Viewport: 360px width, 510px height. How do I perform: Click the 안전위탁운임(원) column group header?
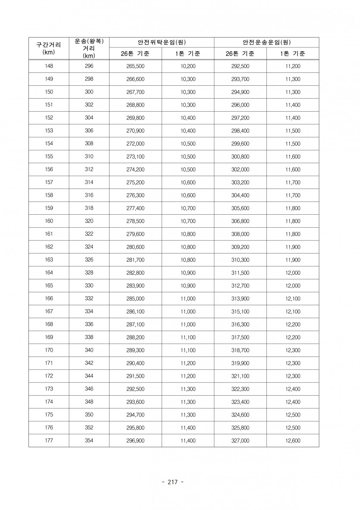pyautogui.click(x=161, y=42)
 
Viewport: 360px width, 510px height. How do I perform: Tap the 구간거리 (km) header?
pyautogui.click(x=49, y=48)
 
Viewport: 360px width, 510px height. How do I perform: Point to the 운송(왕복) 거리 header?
pyautogui.click(x=89, y=48)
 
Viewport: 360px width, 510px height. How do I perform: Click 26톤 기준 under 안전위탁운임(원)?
pyautogui.click(x=135, y=54)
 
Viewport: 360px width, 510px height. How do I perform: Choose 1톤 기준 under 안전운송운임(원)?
pyautogui.click(x=293, y=54)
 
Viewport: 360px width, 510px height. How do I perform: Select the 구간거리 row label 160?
pyautogui.click(x=49, y=221)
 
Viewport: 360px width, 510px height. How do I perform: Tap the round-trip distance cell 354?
pyautogui.click(x=89, y=441)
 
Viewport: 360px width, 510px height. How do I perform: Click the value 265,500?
pyautogui.click(x=135, y=66)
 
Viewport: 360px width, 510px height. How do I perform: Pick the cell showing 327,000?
pyautogui.click(x=240, y=441)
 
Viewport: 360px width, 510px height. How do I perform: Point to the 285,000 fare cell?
pyautogui.click(x=135, y=299)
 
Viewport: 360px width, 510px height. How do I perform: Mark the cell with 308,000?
pyautogui.click(x=240, y=234)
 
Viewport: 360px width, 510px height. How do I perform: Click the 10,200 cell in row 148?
pyautogui.click(x=188, y=66)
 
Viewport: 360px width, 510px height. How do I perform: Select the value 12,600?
pyautogui.click(x=293, y=441)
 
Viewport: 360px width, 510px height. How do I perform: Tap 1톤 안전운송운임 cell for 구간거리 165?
pyautogui.click(x=293, y=286)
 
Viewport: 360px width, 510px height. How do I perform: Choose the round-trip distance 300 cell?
pyautogui.click(x=89, y=92)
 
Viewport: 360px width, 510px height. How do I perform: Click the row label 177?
pyautogui.click(x=49, y=441)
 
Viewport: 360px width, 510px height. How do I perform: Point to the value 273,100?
pyautogui.click(x=135, y=156)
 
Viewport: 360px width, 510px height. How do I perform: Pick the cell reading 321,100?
pyautogui.click(x=240, y=376)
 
